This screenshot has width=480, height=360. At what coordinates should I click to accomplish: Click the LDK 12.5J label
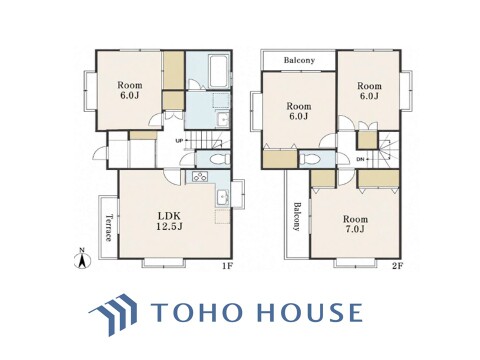pos(170,221)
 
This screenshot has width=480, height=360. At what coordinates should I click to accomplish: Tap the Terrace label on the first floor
pos(109,228)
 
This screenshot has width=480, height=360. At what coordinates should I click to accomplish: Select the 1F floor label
pos(227,266)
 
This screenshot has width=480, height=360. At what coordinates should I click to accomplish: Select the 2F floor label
pos(397,266)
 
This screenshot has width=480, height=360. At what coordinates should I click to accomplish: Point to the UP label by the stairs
pos(179,141)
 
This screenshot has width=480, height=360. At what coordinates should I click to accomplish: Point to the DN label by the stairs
pos(360,159)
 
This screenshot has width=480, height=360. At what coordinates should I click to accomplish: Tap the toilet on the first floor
pos(219,159)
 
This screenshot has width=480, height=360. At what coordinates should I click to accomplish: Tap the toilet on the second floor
pos(308,159)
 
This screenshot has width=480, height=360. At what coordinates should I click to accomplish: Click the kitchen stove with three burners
pos(200,176)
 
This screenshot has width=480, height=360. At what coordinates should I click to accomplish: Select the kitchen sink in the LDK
pos(223,197)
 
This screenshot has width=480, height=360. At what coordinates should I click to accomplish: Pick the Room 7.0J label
pos(356,224)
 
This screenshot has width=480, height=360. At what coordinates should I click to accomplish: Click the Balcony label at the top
pos(299,60)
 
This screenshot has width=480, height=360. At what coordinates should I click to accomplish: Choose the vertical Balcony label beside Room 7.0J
pos(296,217)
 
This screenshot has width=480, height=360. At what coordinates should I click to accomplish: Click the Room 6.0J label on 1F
pos(129,90)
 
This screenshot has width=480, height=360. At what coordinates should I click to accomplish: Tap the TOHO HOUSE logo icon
pos(113,314)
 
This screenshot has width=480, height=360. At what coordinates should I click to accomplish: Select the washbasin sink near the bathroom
pos(222,119)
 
